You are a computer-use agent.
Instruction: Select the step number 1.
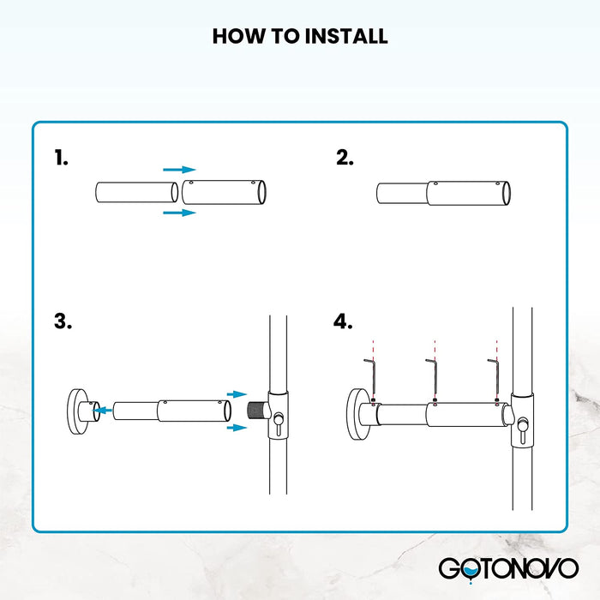coord(61,158)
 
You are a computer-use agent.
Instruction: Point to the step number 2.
coord(345,158)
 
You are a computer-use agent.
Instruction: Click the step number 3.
coord(63,321)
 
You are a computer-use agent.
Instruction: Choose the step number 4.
coord(343,321)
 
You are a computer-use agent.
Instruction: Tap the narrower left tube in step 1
coord(135,191)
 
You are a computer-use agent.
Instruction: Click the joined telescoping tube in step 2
coord(443,193)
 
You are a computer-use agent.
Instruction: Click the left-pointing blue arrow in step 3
coord(103,411)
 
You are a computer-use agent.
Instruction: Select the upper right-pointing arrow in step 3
coord(237,394)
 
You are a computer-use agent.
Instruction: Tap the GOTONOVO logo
coord(507,567)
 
